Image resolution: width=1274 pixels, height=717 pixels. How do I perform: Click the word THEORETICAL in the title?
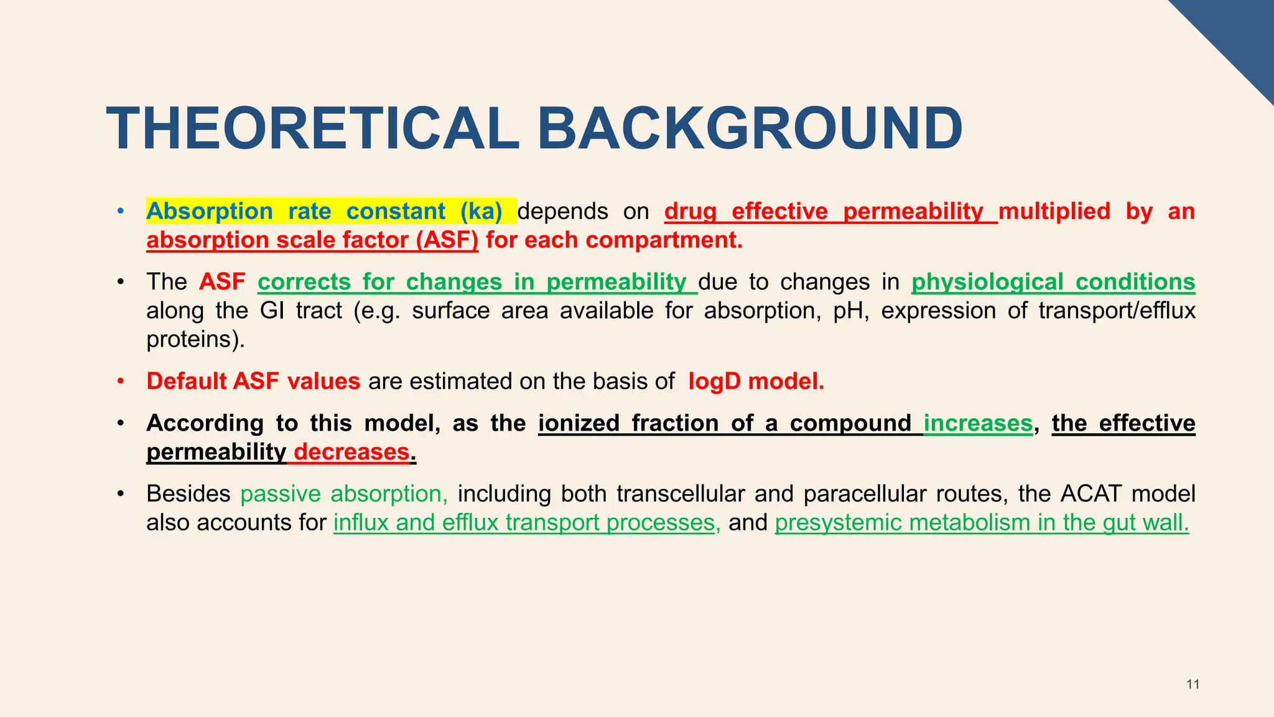point(313,129)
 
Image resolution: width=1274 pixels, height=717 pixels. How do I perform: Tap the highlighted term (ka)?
point(481,212)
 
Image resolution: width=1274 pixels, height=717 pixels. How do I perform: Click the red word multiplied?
point(1054,212)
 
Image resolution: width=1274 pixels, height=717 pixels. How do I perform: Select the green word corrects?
point(304,282)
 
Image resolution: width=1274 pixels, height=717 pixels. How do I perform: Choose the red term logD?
point(715,381)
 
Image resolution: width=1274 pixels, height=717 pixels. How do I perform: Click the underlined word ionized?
point(579,423)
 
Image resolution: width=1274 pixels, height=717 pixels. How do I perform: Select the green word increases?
point(978,423)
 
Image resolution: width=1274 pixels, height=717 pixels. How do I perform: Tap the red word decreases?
point(351,452)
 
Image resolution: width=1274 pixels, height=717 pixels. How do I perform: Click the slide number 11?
point(1193,685)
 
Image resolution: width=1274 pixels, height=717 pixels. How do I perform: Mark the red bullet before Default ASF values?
point(121,381)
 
